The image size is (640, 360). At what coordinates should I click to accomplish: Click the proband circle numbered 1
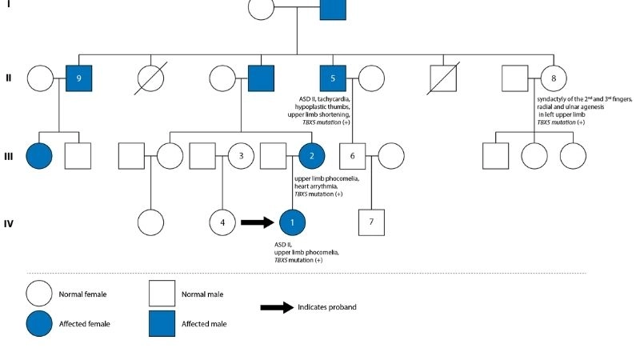(293, 222)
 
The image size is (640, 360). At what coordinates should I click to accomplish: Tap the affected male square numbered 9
(78, 78)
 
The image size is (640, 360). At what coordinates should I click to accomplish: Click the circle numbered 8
(552, 78)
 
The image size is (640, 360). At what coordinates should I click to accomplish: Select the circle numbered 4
(222, 222)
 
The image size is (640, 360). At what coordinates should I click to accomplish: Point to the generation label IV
(9, 222)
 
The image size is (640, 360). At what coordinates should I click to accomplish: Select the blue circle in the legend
(40, 323)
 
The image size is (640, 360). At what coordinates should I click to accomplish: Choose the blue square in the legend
(162, 323)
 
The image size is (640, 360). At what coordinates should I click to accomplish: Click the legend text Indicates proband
(327, 307)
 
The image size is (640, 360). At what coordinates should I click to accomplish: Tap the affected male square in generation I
(334, 9)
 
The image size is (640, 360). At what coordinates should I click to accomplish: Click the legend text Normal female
(82, 294)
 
